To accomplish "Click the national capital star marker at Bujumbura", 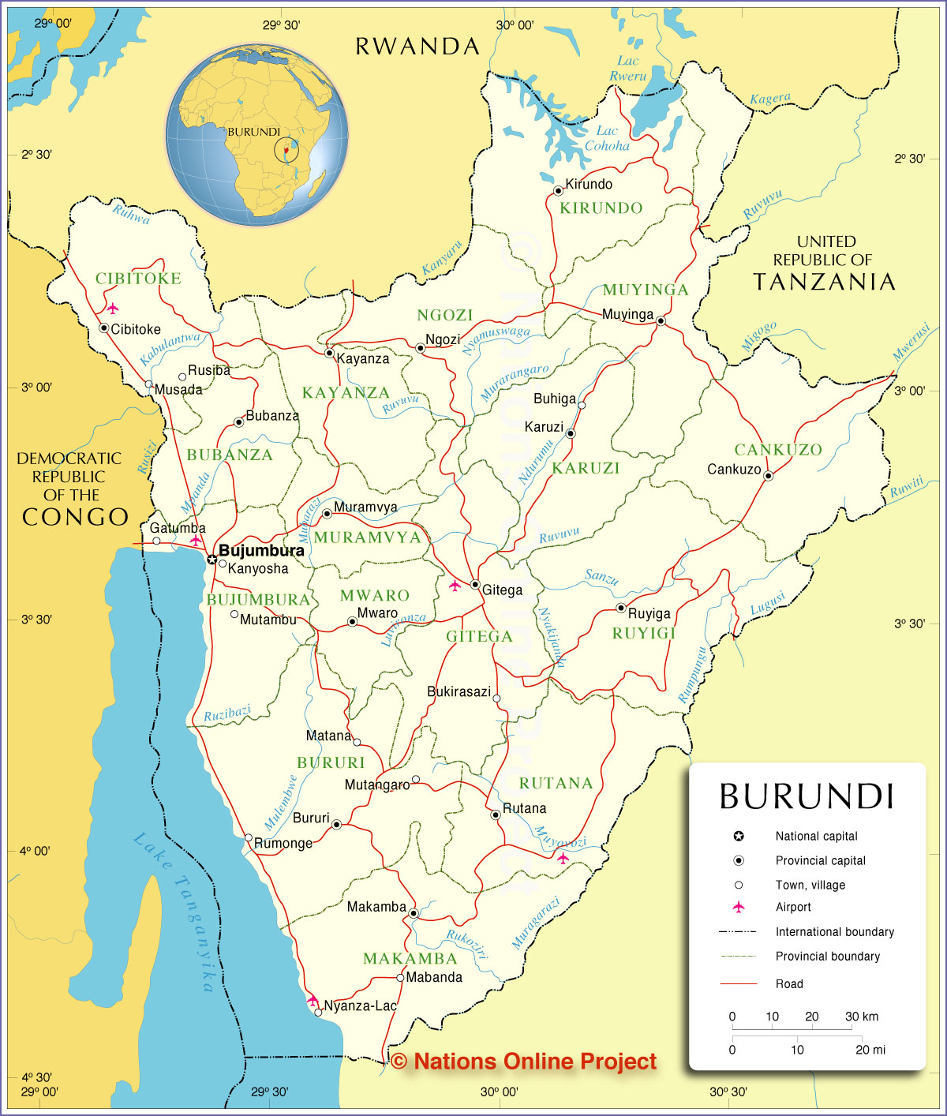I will tap(211, 560).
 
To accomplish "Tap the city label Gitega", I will tap(502, 590).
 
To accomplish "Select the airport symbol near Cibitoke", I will tap(113, 308).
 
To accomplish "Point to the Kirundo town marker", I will tap(558, 190).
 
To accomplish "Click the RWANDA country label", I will tap(417, 47).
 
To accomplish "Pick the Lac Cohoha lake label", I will tap(607, 138).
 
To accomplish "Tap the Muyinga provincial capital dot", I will tap(661, 321).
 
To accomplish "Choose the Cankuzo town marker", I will tap(768, 476).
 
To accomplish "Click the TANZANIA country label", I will tap(825, 282).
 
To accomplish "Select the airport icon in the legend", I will tap(739, 907).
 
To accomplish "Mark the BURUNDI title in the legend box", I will tap(807, 797).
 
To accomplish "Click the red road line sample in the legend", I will tap(739, 983).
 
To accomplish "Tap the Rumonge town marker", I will tap(249, 838).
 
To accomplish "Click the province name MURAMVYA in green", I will tap(368, 537).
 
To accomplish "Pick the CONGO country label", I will tap(75, 517).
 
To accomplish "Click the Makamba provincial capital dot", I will tap(413, 913).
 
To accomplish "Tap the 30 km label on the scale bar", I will tap(861, 1017).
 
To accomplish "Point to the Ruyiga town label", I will tap(649, 613).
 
